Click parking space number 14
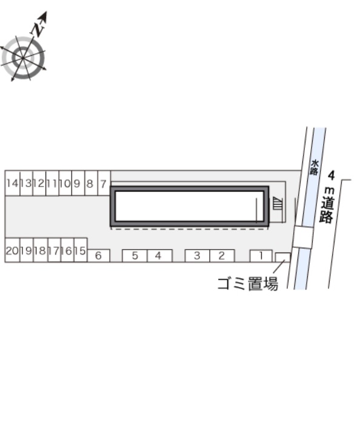[13, 183]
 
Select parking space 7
[104, 183]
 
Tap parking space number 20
[13, 250]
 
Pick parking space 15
[81, 250]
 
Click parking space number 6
[99, 256]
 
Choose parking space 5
[135, 256]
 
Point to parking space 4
[159, 256]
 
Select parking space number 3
[197, 256]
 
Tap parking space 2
[222, 256]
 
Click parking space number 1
[261, 256]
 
